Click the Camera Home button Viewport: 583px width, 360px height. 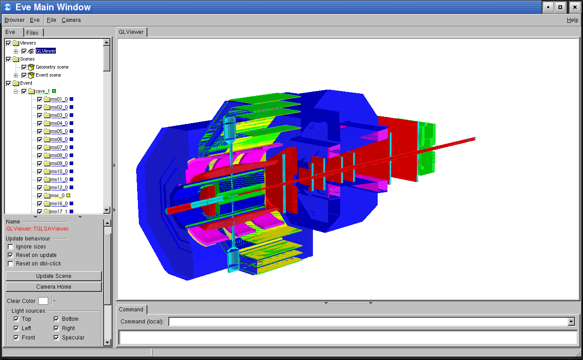click(x=54, y=287)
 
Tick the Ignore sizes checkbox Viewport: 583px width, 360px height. click(x=10, y=247)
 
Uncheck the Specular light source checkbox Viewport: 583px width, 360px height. click(x=56, y=338)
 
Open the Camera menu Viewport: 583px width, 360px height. click(x=71, y=20)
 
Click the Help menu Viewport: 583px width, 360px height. click(x=572, y=20)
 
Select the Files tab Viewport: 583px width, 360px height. click(x=33, y=33)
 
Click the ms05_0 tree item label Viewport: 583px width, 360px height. click(x=59, y=131)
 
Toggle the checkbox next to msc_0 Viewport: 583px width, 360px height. click(x=40, y=195)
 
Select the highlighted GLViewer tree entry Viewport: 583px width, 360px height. click(x=46, y=51)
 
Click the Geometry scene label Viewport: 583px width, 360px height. click(x=52, y=67)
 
